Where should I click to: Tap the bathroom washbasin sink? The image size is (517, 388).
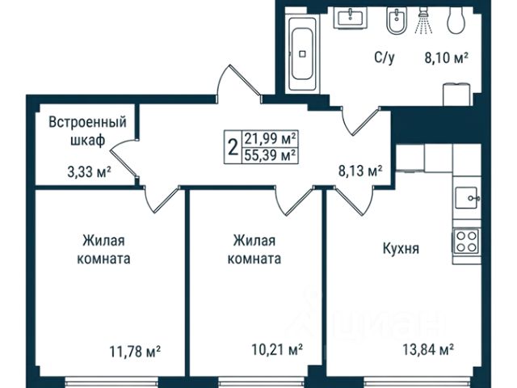[x=350, y=18]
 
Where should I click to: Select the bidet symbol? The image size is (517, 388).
[x=397, y=21]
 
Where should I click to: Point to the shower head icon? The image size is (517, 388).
[x=423, y=21]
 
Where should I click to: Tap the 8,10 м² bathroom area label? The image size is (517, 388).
[x=447, y=59]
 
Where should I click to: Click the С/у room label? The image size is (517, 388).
[x=385, y=58]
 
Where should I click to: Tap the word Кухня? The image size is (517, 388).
[x=401, y=248]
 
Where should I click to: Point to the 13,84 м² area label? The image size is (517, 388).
[x=428, y=348]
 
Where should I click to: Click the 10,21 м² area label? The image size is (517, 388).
[x=277, y=349]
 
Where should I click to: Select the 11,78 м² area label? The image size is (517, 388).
[x=135, y=352]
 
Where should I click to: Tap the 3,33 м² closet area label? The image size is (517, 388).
[x=89, y=172]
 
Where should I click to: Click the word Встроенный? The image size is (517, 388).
[x=88, y=122]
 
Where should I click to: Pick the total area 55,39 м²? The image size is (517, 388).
[x=270, y=155]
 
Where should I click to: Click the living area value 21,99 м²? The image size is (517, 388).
[x=270, y=139]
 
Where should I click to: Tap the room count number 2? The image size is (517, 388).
[x=233, y=147]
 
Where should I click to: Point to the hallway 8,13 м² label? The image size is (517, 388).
[x=360, y=171]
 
